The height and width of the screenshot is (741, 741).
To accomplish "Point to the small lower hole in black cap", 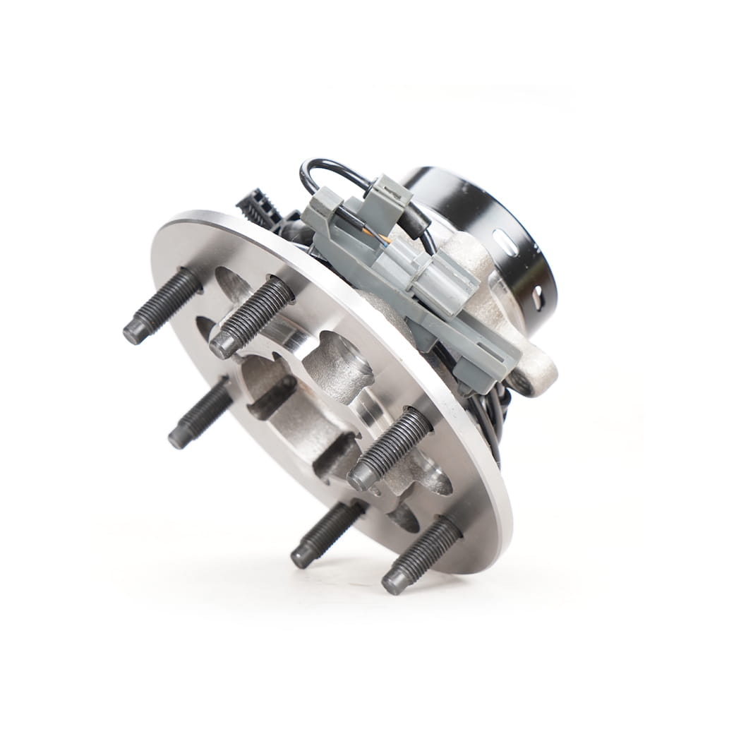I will coord(538,294).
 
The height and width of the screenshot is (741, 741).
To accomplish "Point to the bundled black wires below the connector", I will coord(490,423).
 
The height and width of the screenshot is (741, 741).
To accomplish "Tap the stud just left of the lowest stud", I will coord(325,533).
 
